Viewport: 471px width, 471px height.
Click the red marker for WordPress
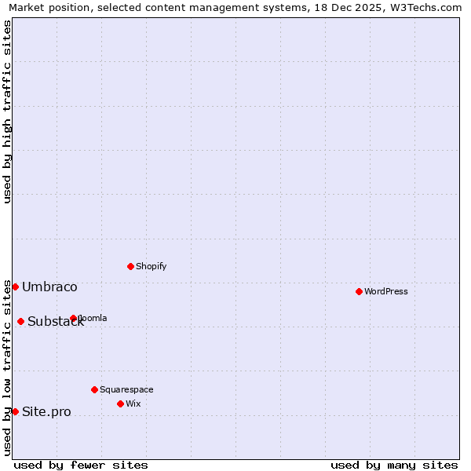(359, 291)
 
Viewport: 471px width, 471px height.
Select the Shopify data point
(130, 266)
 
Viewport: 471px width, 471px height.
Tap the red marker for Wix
(120, 403)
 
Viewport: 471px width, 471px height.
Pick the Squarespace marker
(94, 389)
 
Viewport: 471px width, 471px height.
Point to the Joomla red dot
(73, 318)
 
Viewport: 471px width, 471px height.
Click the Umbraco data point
(15, 287)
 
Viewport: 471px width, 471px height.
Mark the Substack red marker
(20, 321)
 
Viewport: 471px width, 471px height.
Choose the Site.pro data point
(15, 411)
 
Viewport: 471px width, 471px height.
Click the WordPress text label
(386, 291)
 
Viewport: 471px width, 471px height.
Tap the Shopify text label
(152, 266)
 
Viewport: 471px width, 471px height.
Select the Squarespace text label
(126, 389)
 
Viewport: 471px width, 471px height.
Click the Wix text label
(133, 403)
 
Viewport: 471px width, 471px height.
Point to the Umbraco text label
(49, 287)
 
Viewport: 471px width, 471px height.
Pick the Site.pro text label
(46, 412)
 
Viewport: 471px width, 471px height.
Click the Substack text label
(56, 322)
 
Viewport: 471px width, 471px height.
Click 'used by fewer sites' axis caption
(81, 465)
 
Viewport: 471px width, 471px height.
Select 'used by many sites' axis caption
(394, 465)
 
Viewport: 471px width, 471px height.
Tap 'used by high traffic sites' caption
(7, 111)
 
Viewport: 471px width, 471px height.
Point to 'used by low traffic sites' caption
(7, 367)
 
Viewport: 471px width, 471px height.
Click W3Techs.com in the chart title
(425, 7)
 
